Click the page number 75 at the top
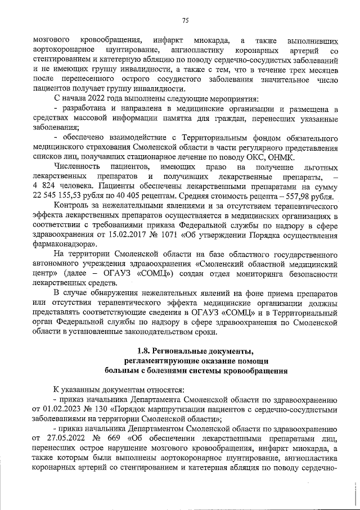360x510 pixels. (x=185, y=21)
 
